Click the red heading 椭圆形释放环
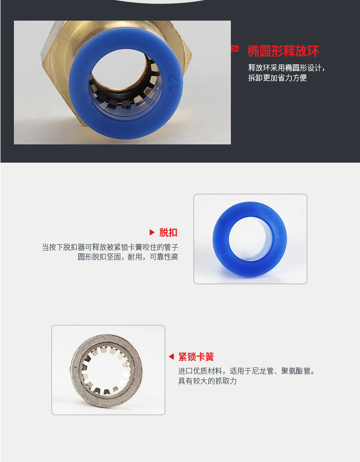(x=283, y=51)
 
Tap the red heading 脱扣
(x=168, y=233)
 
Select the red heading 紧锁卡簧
(x=196, y=357)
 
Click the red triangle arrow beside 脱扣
(x=152, y=233)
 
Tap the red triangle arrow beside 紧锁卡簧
(x=171, y=356)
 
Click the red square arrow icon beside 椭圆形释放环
(x=235, y=48)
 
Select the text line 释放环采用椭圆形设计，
(x=287, y=68)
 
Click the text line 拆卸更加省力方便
(x=277, y=78)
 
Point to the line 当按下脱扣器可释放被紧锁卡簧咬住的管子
(x=110, y=247)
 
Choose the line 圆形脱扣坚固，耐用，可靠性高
(x=128, y=257)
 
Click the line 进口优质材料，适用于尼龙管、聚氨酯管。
(x=247, y=371)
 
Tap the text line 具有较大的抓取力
(x=207, y=381)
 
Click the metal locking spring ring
(x=75, y=371)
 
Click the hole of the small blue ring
(x=250, y=238)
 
